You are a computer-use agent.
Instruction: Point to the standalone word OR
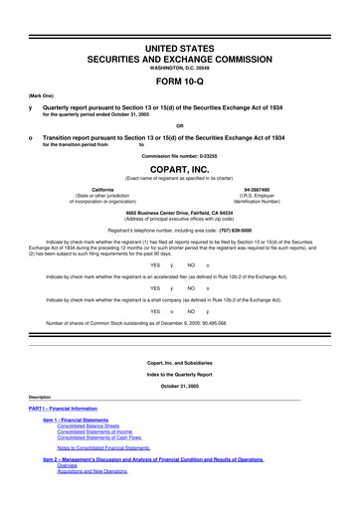click(179, 124)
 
